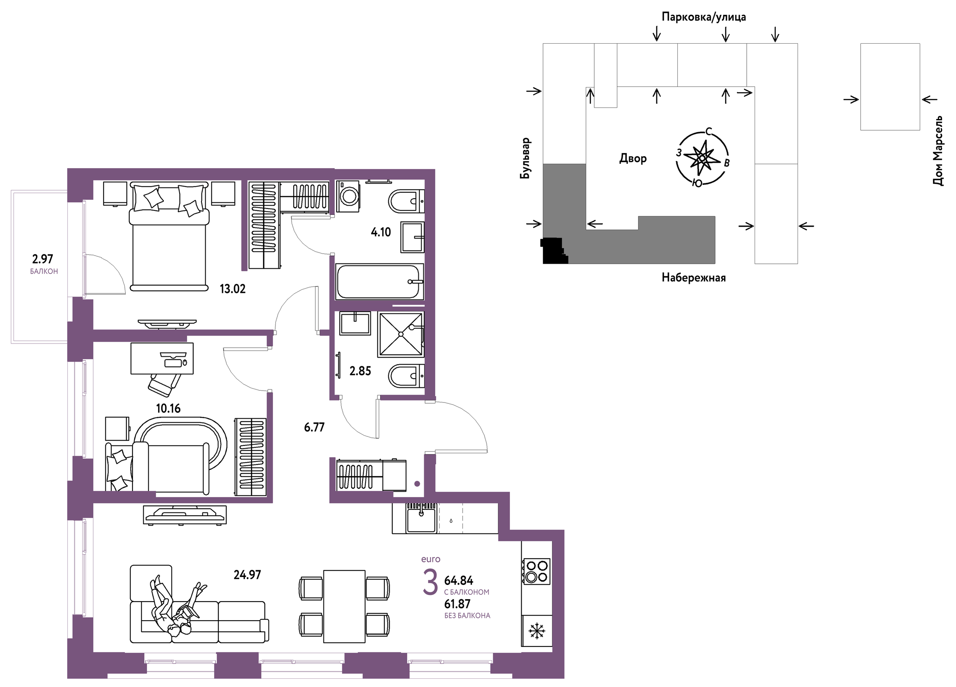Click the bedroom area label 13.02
pos(232,289)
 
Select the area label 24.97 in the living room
pos(248,575)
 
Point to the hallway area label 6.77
pos(314,427)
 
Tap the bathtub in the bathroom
pos(379,281)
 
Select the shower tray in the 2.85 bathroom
pos(401,334)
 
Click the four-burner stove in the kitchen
pos(537,571)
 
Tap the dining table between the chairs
pos(344,606)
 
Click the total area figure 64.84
pos(459,581)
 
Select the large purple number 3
pos(430,582)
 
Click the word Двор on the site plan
pos(633,158)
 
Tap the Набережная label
pos(694,277)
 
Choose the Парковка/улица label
pos(703,17)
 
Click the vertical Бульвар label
pos(525,158)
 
